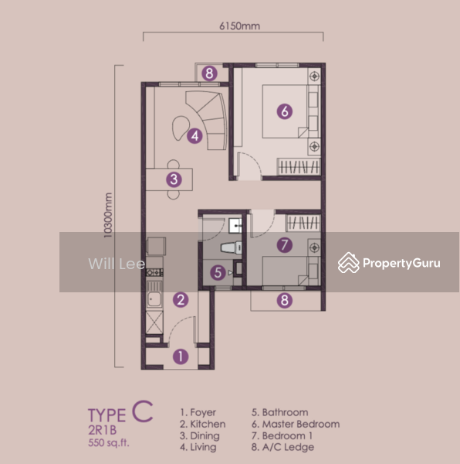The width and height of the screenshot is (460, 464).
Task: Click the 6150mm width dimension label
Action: pos(239,26)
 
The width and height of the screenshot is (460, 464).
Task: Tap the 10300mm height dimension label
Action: pos(108,215)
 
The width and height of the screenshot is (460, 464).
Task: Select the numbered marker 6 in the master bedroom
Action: pos(285,111)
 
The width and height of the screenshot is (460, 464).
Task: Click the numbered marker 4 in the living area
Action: pos(194,136)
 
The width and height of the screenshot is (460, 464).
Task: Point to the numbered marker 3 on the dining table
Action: pos(174,179)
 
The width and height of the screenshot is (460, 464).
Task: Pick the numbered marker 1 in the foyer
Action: pos(181,357)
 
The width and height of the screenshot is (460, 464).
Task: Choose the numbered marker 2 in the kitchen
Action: pos(181,300)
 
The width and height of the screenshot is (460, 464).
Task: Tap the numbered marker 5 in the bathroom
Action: pos(218,272)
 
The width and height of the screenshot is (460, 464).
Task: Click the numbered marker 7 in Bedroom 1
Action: pos(285,245)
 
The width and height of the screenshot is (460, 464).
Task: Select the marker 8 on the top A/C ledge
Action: pos(209,73)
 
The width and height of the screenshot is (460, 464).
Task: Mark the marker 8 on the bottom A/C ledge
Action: pos(285,300)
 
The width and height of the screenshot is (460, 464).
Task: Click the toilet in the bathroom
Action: pos(232,247)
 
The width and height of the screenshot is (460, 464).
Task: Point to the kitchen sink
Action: pos(154,299)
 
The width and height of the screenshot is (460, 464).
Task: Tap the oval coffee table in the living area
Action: pos(181,128)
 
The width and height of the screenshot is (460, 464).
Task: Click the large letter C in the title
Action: pos(142,411)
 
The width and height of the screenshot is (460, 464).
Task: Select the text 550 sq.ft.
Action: pos(109,442)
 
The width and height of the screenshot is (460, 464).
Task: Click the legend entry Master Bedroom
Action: pos(296,424)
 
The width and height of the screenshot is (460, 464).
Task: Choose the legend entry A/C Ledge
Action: pos(282,447)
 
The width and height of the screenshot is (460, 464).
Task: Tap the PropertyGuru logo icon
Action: pos(349,262)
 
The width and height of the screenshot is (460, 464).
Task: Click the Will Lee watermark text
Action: pos(117,264)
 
